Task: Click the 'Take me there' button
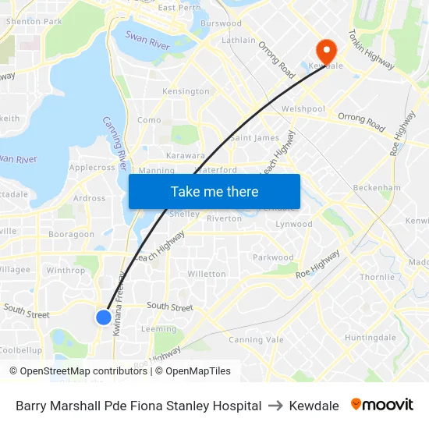pyautogui.click(x=214, y=191)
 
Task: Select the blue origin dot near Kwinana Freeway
pyautogui.click(x=104, y=317)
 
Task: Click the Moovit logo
pyautogui.click(x=382, y=405)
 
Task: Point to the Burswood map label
pyautogui.click(x=221, y=24)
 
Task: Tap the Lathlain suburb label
pyautogui.click(x=239, y=40)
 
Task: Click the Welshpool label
pyautogui.click(x=303, y=109)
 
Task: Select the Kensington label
pyautogui.click(x=186, y=91)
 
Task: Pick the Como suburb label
pyautogui.click(x=149, y=120)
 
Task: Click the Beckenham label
pyautogui.click(x=377, y=188)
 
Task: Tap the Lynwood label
pyautogui.click(x=294, y=224)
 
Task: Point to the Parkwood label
pyautogui.click(x=273, y=257)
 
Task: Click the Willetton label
pyautogui.click(x=207, y=274)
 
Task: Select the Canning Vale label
pyautogui.click(x=256, y=339)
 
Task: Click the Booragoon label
pyautogui.click(x=71, y=234)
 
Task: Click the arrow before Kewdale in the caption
pyautogui.click(x=275, y=406)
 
